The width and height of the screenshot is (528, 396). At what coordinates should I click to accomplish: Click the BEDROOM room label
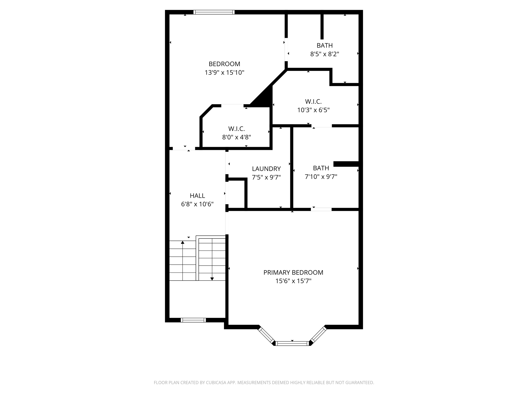click(224, 64)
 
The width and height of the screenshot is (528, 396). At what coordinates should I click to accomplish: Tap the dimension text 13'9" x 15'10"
click(224, 72)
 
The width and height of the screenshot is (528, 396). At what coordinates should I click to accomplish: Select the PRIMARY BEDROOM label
click(293, 272)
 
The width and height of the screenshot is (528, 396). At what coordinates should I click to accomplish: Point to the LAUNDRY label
click(266, 169)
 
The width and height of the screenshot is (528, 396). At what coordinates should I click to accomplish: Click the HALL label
click(197, 195)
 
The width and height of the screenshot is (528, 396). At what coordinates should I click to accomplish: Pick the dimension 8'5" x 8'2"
click(324, 54)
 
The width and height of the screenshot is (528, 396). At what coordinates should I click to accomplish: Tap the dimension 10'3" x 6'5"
click(313, 110)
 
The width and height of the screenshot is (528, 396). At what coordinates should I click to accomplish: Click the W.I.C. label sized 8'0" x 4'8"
click(236, 128)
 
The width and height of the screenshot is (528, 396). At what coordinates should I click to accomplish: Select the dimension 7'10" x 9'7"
click(321, 177)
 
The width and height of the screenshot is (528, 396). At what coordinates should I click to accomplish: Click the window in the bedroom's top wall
click(214, 12)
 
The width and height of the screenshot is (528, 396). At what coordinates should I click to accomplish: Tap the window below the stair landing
click(193, 320)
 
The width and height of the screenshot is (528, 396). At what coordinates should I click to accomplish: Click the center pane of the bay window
click(292, 343)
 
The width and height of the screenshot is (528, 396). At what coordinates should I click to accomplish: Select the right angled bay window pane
click(318, 335)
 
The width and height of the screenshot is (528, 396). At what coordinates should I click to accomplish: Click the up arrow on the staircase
click(183, 243)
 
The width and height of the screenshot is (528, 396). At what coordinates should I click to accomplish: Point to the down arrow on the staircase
click(212, 278)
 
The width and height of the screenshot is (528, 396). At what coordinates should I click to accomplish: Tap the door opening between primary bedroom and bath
click(321, 209)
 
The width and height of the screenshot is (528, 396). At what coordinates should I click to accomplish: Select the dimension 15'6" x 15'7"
click(293, 281)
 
